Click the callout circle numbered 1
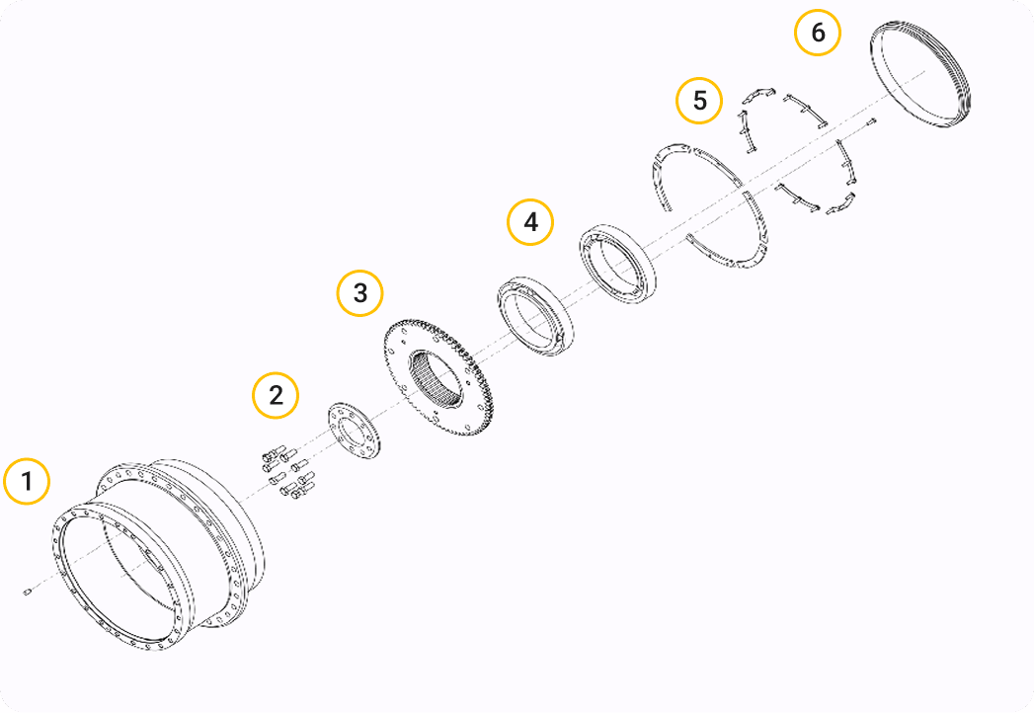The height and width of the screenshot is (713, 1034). point(27,481)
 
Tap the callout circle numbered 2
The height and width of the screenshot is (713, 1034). point(276,395)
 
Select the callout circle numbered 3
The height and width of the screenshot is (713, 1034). point(360,292)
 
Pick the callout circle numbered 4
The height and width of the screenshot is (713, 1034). point(530,222)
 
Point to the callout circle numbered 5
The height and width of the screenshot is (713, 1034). point(699,101)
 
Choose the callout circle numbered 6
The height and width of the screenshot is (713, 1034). point(818,33)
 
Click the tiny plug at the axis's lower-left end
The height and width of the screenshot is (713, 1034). point(27,592)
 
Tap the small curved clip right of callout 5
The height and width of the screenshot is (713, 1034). point(757,95)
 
